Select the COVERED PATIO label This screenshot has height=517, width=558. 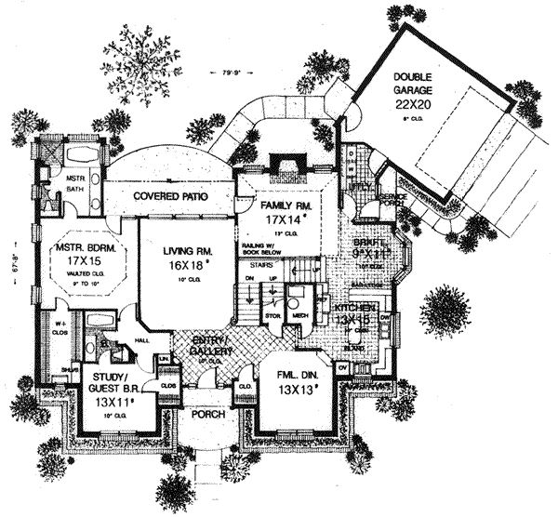pyautogui.click(x=169, y=197)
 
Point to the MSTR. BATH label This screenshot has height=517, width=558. pyautogui.click(x=74, y=180)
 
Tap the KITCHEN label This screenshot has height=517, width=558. pyautogui.click(x=355, y=307)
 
